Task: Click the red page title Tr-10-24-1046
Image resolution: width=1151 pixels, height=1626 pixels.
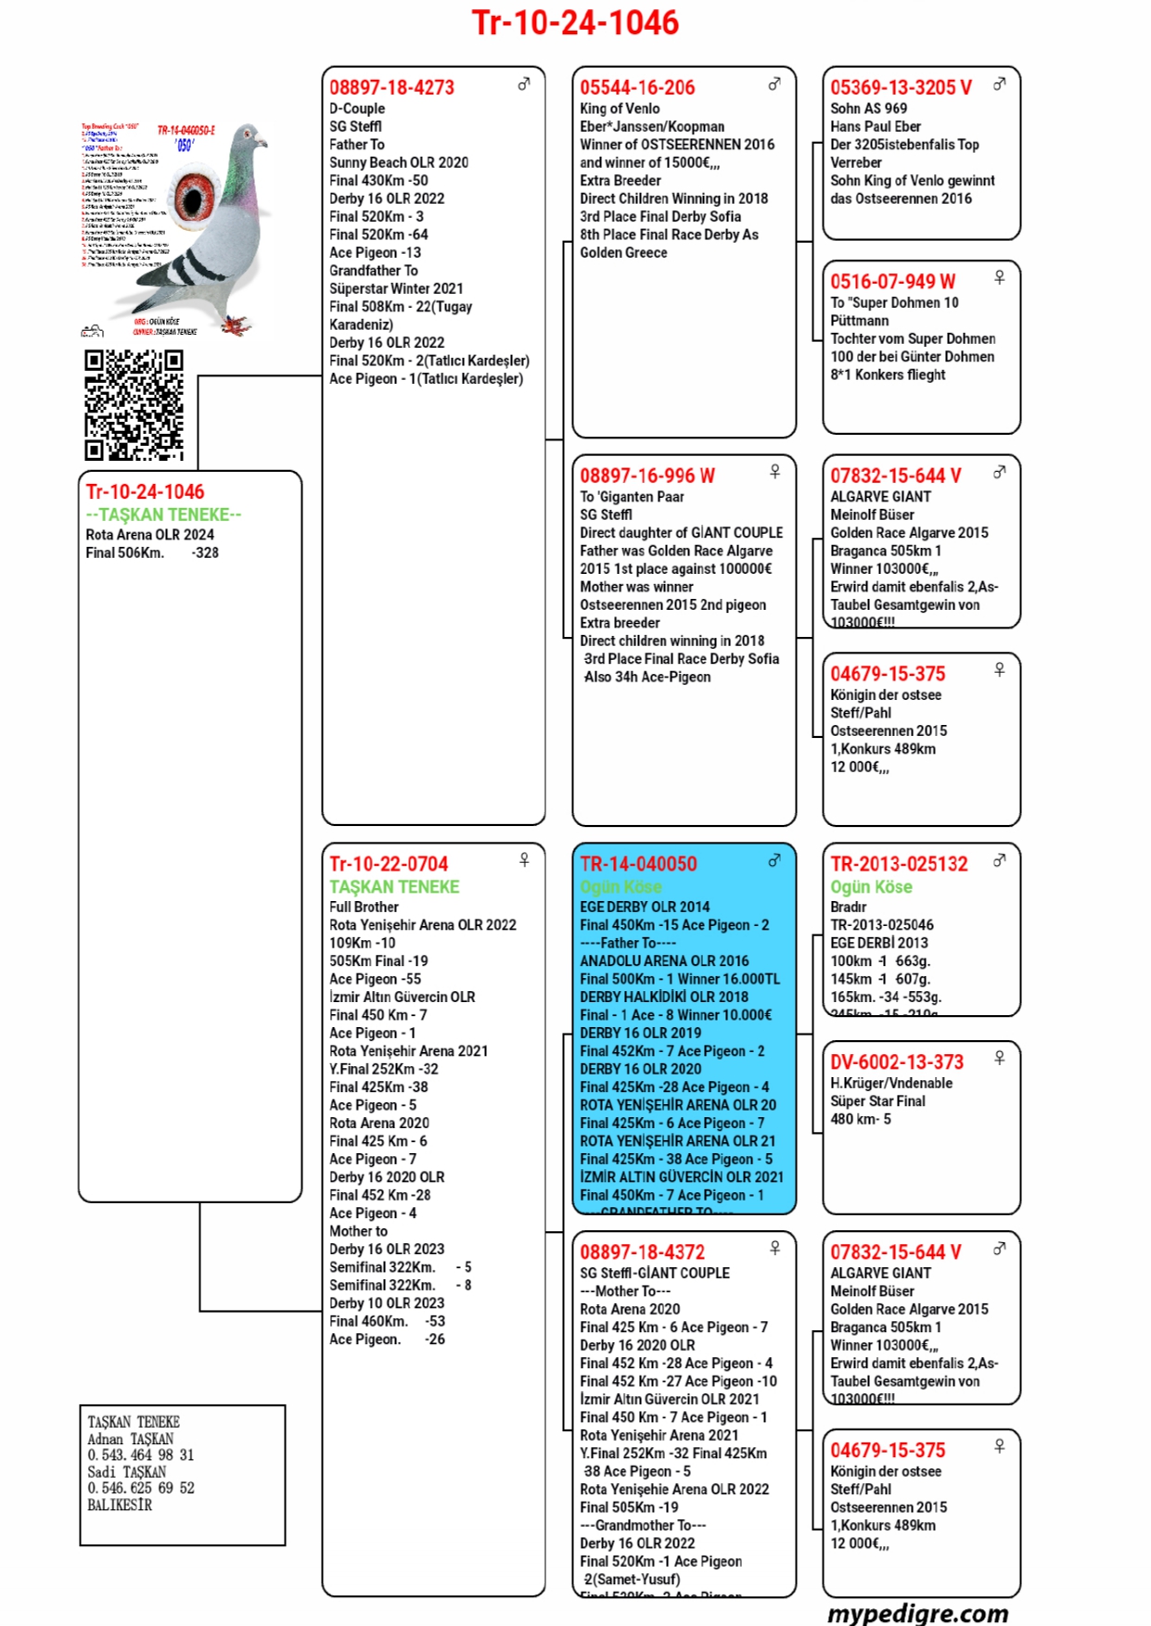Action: [575, 22]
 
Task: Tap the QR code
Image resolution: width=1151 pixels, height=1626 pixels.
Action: [134, 405]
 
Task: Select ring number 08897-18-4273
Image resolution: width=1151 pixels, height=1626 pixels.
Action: [391, 88]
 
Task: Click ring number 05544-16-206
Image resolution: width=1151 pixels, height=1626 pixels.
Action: [637, 88]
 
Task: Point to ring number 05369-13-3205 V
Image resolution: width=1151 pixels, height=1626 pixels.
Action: [901, 88]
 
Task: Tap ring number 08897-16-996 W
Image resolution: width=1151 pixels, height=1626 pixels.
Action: [647, 476]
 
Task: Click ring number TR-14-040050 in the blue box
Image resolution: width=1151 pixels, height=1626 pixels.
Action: [638, 864]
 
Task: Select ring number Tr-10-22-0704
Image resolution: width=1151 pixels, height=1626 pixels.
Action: [389, 864]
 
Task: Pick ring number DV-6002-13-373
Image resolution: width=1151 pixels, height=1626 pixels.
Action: [897, 1062]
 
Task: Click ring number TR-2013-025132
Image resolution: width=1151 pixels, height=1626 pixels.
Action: [899, 864]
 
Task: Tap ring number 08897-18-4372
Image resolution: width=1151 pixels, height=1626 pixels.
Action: [642, 1252]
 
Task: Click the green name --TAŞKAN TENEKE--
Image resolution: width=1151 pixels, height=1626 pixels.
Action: [163, 514]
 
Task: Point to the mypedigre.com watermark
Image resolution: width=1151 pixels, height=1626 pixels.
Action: [917, 1613]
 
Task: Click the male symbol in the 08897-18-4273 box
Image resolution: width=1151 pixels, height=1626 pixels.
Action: [524, 84]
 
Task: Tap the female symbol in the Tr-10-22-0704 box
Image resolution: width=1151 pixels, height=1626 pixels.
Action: [524, 860]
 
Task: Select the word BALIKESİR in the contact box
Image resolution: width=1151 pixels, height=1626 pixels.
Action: [120, 1505]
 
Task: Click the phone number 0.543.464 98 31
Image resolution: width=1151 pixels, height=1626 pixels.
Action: [141, 1455]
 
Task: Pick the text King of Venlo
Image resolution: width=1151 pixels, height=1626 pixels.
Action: [620, 108]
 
